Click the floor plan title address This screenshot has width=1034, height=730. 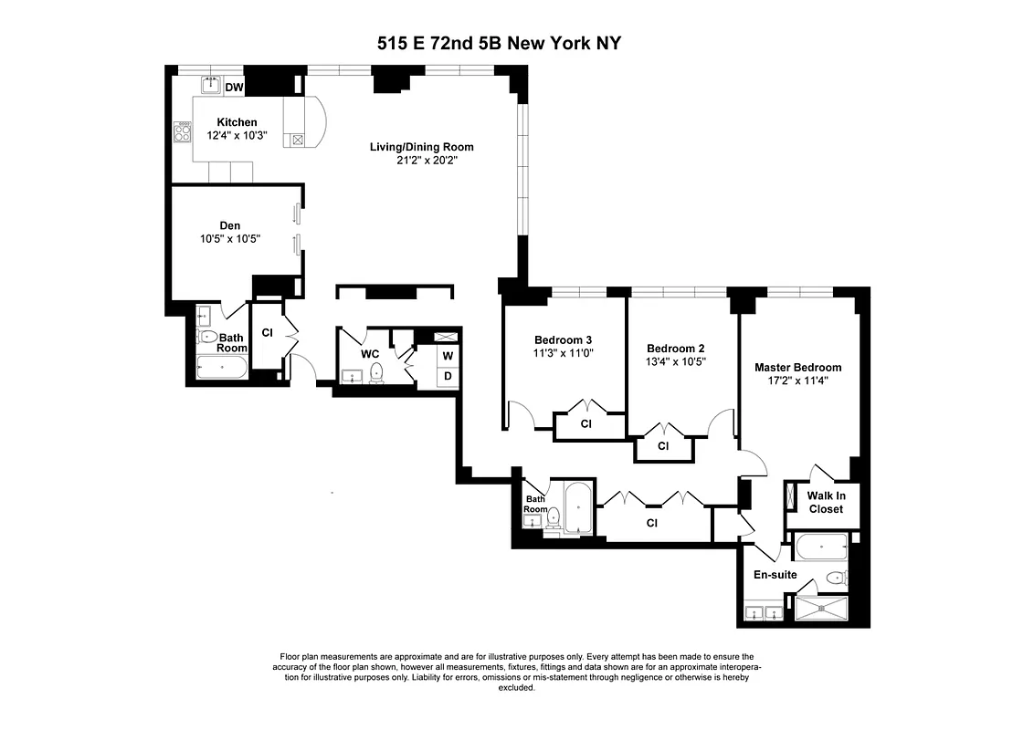[499, 43]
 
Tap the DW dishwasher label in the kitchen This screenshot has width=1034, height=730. [235, 88]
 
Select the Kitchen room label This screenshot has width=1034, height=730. [237, 122]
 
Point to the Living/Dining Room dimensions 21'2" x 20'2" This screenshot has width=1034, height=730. [421, 161]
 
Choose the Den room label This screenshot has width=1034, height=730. [229, 225]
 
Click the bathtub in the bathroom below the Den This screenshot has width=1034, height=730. [222, 370]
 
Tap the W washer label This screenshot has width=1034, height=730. [448, 355]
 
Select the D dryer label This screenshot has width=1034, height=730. [448, 376]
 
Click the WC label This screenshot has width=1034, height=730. [370, 353]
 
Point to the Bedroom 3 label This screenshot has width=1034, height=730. [564, 339]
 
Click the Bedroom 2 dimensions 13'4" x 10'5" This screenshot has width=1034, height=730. [676, 361]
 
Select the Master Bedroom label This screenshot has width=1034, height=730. [797, 368]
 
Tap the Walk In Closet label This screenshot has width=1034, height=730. [826, 503]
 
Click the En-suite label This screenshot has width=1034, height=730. [775, 576]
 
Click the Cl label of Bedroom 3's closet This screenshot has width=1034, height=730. [586, 424]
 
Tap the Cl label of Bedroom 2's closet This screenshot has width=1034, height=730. [663, 446]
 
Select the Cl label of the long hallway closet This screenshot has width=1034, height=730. [651, 523]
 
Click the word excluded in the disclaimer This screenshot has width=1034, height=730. [516, 688]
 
